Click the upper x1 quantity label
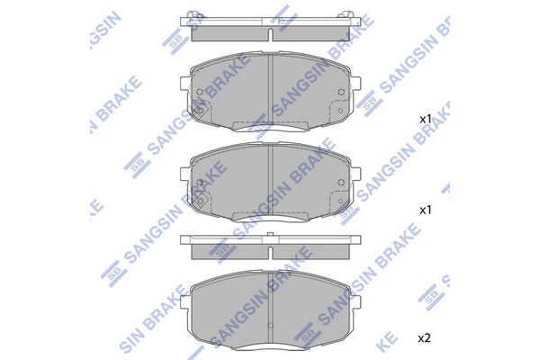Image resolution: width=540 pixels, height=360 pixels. [x=426, y=119]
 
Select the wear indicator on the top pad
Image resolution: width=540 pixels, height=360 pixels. [x=200, y=114]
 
